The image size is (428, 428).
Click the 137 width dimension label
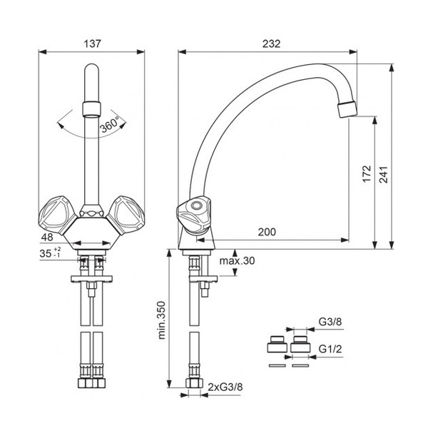pos(92,44)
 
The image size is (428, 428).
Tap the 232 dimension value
pos(271,44)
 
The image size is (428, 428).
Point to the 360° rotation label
pos(109,124)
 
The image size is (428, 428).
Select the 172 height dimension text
pos(367,173)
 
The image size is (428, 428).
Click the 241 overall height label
pos(383,175)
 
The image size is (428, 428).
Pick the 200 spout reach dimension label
pos(267,232)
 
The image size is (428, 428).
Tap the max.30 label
pos(237,260)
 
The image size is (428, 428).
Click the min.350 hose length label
pos(162,320)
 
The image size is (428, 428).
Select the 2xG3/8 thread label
pos(225,387)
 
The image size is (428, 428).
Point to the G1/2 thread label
pos(330,349)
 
